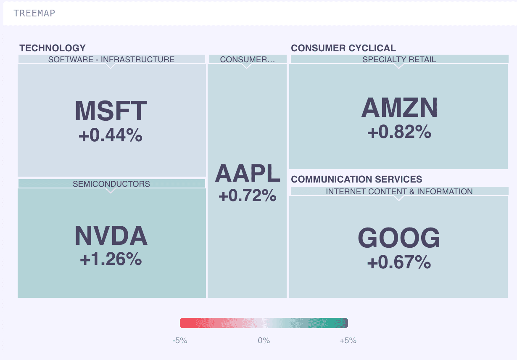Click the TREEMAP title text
click(x=34, y=13)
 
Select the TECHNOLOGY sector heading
click(x=53, y=48)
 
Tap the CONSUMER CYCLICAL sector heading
click(x=343, y=48)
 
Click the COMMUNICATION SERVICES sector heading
click(x=356, y=180)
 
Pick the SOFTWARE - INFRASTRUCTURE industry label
click(x=111, y=59)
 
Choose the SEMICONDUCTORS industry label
click(x=111, y=184)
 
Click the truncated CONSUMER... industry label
click(x=247, y=59)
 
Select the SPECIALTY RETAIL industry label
click(x=399, y=59)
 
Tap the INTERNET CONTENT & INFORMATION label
click(x=399, y=192)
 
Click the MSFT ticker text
click(x=111, y=111)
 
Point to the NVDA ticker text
click(x=111, y=236)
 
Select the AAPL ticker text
click(x=247, y=173)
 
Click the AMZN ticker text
click(x=399, y=108)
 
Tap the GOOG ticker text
click(x=399, y=238)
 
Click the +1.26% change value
click(x=111, y=259)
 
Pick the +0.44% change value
click(x=111, y=135)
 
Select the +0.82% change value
click(x=399, y=132)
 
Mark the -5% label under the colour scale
click(x=179, y=341)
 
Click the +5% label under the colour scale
click(x=348, y=341)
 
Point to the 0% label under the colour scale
click(x=264, y=341)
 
